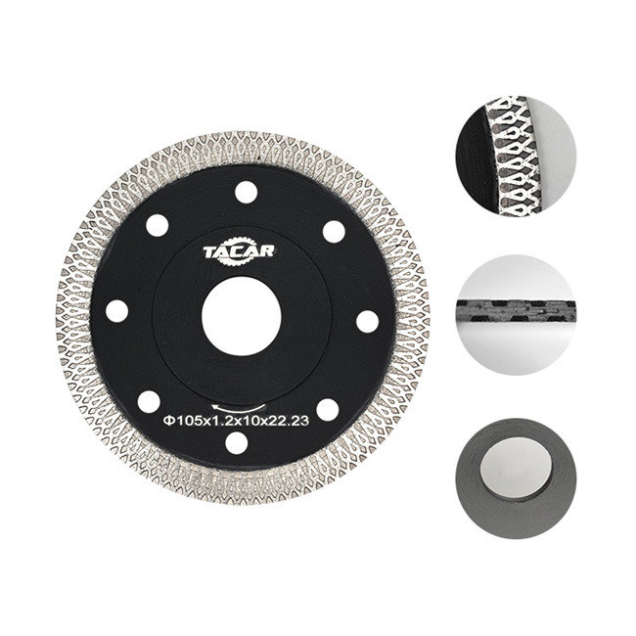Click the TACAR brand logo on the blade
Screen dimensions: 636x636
(239, 253)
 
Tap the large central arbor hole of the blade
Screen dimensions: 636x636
(242, 316)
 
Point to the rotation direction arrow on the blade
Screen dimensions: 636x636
(239, 407)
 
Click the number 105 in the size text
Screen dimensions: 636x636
(187, 421)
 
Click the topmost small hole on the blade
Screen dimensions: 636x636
(247, 192)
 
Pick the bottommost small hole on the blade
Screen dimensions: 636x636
(237, 443)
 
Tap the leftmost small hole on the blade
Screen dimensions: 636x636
(116, 311)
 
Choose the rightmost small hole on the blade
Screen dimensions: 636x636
(368, 322)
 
